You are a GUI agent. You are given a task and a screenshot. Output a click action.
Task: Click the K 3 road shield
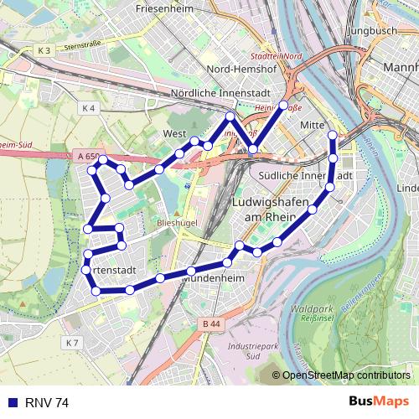point(44,51)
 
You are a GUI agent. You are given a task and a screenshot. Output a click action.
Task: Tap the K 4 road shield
point(90,108)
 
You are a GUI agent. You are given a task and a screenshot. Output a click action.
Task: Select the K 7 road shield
point(72,343)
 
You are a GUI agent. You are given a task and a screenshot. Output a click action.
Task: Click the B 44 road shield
point(210,323)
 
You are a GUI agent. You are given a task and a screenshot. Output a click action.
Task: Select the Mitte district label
point(312,125)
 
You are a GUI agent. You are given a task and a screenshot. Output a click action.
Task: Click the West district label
point(173,133)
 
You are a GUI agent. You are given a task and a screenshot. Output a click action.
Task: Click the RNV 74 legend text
point(48,402)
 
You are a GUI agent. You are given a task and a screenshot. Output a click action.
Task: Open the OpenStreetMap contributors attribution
point(345,375)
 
